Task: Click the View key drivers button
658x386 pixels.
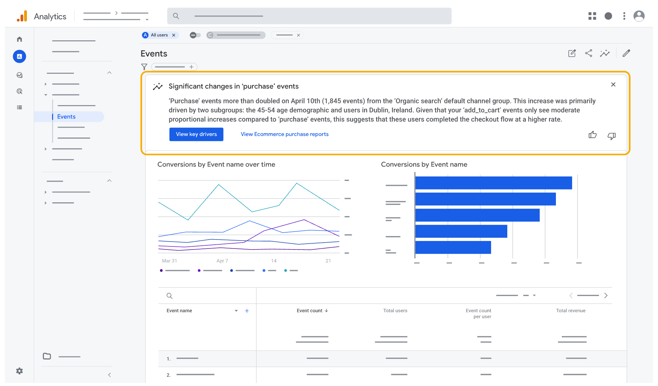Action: pos(196,134)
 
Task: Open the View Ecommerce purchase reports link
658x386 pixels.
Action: pos(285,134)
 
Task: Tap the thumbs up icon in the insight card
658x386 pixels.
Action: pos(592,135)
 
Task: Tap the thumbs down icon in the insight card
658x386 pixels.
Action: pos(611,136)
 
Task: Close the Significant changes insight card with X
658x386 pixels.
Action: pos(613,85)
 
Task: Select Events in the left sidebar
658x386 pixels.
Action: pos(66,117)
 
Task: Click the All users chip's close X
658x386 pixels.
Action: pos(174,35)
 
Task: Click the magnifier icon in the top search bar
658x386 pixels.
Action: pos(176,16)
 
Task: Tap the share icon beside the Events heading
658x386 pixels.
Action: pos(589,53)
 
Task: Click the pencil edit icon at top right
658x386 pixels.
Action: pos(626,53)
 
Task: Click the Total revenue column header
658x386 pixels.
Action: pos(570,311)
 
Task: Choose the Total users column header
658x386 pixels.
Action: pos(395,311)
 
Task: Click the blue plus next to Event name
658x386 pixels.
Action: pos(247,311)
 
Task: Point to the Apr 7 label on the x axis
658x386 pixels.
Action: pos(222,261)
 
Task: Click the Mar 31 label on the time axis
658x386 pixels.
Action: pos(169,261)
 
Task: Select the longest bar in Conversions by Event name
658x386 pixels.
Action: pos(493,183)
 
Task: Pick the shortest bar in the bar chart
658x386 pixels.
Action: pos(453,247)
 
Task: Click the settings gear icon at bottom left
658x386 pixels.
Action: pos(20,371)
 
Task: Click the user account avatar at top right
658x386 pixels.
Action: pos(639,16)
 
